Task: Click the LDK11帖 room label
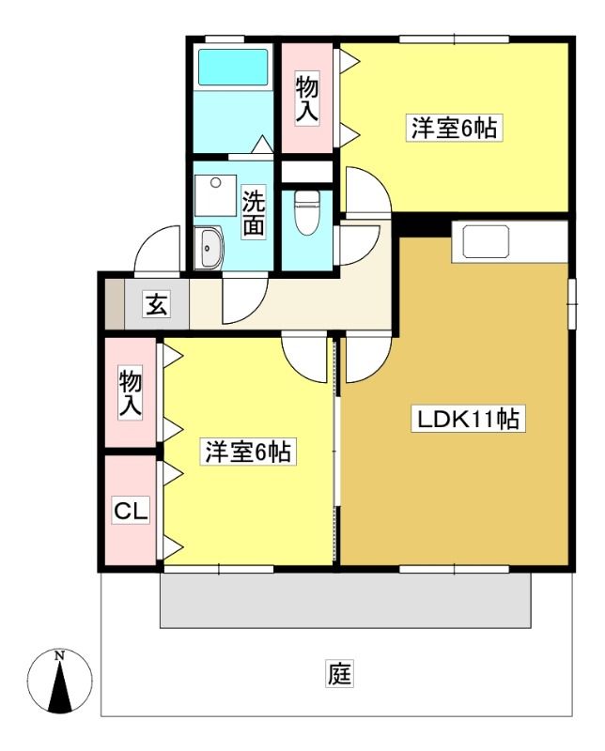click(465, 419)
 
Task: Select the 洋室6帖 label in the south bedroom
click(248, 452)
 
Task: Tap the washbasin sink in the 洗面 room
click(208, 247)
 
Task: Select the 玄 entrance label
click(157, 304)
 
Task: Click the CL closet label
click(131, 511)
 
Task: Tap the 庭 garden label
click(340, 673)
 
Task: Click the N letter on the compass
click(59, 655)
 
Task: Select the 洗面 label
click(253, 213)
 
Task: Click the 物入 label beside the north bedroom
click(307, 100)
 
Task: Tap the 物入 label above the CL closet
click(131, 394)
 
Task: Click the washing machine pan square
click(216, 195)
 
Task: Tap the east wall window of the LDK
click(572, 303)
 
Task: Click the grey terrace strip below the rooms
click(345, 600)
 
